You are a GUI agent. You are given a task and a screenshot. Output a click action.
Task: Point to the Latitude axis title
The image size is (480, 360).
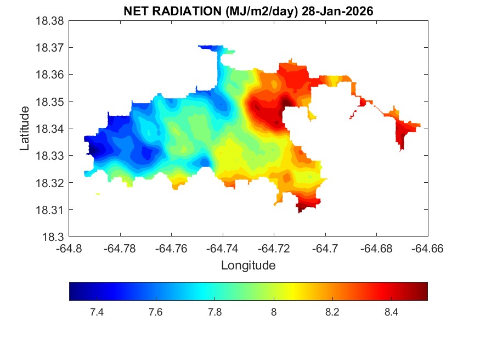click(24, 129)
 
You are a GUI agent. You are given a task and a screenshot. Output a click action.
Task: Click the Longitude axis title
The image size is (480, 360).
click(248, 266)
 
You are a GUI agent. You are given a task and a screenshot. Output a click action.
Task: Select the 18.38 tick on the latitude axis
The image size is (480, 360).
click(50, 21)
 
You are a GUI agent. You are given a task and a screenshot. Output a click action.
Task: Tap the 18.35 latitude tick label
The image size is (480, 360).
click(50, 102)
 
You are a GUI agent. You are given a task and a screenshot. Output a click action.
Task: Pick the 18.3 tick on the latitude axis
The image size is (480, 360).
click(55, 237)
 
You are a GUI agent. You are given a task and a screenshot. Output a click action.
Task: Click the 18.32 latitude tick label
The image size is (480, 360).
click(50, 183)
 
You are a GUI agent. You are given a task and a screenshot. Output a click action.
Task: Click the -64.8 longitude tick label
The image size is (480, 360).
click(70, 249)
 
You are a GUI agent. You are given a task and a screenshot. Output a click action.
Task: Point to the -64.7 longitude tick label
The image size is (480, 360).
click(326, 249)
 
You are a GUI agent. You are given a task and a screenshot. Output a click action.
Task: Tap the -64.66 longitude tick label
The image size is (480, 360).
click(428, 249)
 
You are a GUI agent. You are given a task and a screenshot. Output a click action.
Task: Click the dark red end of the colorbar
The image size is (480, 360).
click(424, 291)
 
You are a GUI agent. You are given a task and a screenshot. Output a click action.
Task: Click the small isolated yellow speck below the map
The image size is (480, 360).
click(98, 194)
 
